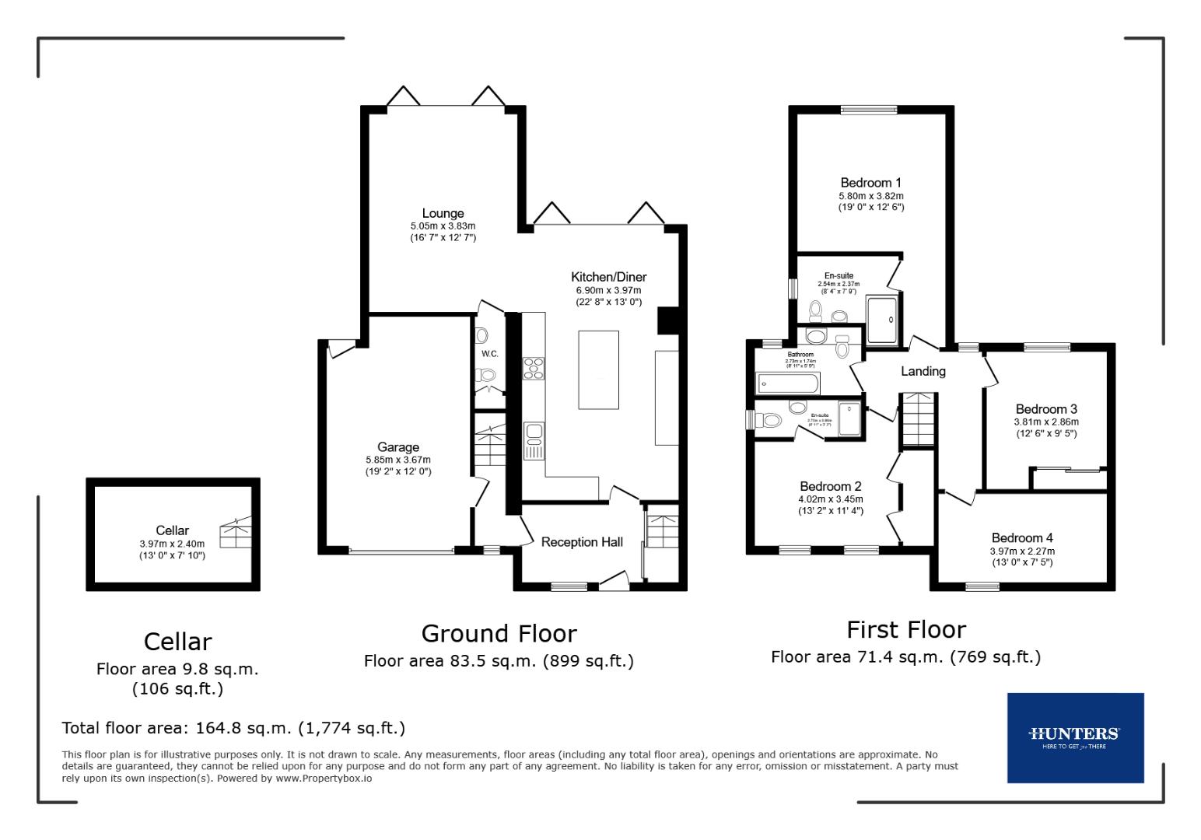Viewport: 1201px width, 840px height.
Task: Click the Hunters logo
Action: [1075, 737]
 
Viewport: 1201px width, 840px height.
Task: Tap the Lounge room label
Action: [443, 213]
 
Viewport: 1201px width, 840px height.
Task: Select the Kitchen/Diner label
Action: [608, 277]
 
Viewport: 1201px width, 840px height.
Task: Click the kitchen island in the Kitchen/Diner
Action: [598, 369]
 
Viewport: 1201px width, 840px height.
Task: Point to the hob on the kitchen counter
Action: [534, 368]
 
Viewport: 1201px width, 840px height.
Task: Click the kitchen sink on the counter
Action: [534, 440]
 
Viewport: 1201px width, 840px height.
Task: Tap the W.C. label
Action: [489, 354]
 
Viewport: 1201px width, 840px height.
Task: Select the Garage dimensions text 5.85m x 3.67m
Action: [398, 460]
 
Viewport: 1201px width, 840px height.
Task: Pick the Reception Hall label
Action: [582, 542]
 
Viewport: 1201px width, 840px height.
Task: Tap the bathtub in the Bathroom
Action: [788, 383]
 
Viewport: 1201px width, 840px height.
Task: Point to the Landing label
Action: [923, 372]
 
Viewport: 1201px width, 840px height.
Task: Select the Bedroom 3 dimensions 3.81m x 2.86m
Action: [1046, 422]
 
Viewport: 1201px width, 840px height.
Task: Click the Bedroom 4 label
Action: [1022, 537]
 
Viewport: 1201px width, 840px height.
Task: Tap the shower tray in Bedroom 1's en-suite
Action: [883, 319]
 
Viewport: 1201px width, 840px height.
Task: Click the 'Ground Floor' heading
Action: [499, 634]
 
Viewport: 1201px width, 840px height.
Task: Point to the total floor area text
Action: [233, 728]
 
